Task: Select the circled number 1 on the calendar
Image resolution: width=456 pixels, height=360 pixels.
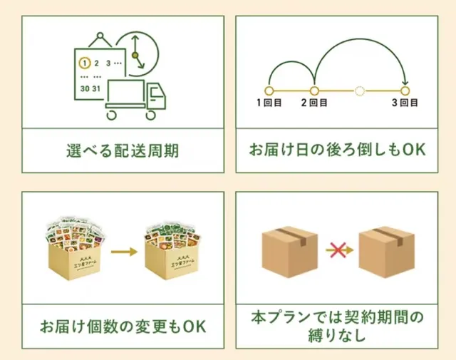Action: tap(84, 62)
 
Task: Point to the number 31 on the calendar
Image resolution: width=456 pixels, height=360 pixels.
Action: tap(97, 89)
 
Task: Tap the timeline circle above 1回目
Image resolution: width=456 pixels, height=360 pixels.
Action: tap(269, 91)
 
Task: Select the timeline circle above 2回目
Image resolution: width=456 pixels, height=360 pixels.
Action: tap(314, 91)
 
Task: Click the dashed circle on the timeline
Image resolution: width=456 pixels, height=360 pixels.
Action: tap(360, 91)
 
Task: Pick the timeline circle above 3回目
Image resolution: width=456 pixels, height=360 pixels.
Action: tap(405, 91)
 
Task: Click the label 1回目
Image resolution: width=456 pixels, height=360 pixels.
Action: tap(269, 103)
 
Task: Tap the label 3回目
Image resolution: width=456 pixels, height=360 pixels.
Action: tap(405, 103)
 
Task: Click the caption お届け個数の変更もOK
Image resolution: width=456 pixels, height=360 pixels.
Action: tap(123, 326)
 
